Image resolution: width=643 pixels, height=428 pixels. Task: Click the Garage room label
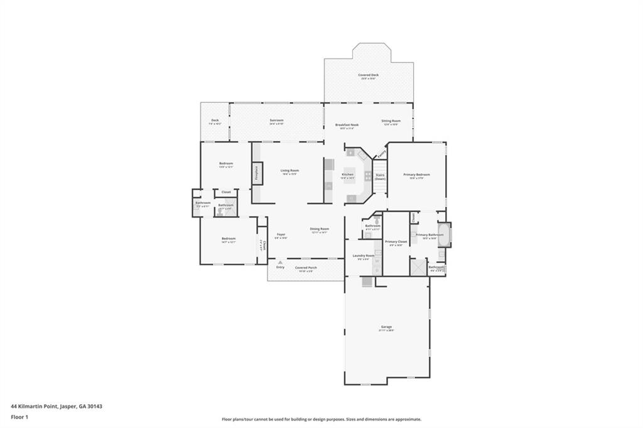(x=386, y=326)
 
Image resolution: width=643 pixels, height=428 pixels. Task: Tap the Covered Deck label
(x=369, y=75)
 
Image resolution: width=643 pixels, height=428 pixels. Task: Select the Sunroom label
(x=276, y=120)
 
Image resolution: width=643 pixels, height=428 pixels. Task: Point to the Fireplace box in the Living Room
(x=257, y=173)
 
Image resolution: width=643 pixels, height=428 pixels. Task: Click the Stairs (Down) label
(x=380, y=176)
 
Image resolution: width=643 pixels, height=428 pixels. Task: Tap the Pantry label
(x=381, y=152)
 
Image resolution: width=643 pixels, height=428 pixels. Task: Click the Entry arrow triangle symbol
(x=280, y=262)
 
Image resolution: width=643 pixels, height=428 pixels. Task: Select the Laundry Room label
(x=363, y=255)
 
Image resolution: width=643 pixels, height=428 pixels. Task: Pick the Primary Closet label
(x=396, y=242)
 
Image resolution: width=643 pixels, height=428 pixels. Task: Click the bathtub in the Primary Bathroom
(x=444, y=235)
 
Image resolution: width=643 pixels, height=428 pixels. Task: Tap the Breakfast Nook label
(x=347, y=125)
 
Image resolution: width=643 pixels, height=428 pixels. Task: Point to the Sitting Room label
(x=391, y=120)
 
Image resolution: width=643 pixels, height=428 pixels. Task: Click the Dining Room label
(x=319, y=228)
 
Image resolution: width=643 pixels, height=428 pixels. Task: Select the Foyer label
(x=281, y=235)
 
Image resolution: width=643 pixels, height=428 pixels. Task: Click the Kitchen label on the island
(x=347, y=174)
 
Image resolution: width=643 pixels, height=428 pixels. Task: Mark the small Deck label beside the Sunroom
(x=215, y=120)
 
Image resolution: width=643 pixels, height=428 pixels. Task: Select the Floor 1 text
(x=19, y=416)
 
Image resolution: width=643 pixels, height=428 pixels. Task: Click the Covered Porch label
(x=306, y=267)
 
